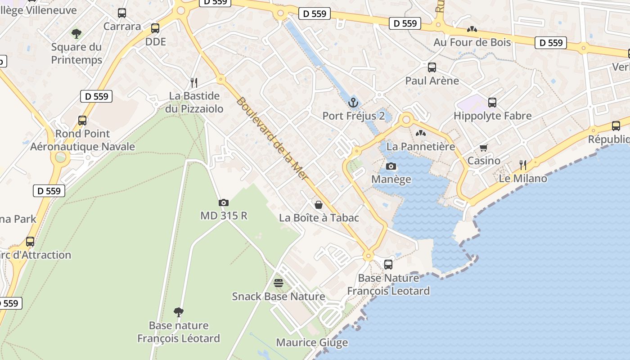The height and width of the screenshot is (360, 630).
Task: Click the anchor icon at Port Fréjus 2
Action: (353, 103)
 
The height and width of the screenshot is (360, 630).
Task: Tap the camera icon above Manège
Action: (391, 166)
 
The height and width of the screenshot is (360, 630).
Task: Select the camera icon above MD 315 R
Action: (223, 203)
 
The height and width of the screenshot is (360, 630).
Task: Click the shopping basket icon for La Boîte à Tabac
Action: (319, 205)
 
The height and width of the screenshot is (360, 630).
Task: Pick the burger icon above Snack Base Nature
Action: (279, 283)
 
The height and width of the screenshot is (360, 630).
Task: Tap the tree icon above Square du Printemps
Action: (76, 33)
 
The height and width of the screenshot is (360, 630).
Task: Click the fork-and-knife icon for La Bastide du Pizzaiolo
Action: (194, 82)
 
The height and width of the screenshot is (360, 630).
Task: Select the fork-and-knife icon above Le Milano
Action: (522, 165)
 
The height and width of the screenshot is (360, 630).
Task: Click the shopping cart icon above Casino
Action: (484, 148)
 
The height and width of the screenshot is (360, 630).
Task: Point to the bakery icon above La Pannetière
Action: (420, 133)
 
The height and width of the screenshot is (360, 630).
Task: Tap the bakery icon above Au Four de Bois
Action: (472, 29)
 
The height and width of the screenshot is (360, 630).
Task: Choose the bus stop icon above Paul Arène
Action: (432, 67)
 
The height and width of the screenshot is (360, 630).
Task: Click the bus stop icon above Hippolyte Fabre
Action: (492, 103)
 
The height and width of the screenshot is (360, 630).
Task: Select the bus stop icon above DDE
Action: (155, 28)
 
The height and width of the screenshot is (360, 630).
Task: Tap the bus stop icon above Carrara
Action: (122, 13)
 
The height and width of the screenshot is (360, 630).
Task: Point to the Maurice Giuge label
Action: (312, 342)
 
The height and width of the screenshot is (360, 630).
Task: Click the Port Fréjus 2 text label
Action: (354, 116)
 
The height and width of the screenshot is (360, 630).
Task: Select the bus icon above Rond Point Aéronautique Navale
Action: (82, 121)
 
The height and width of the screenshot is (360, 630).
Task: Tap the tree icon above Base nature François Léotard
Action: (179, 312)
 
